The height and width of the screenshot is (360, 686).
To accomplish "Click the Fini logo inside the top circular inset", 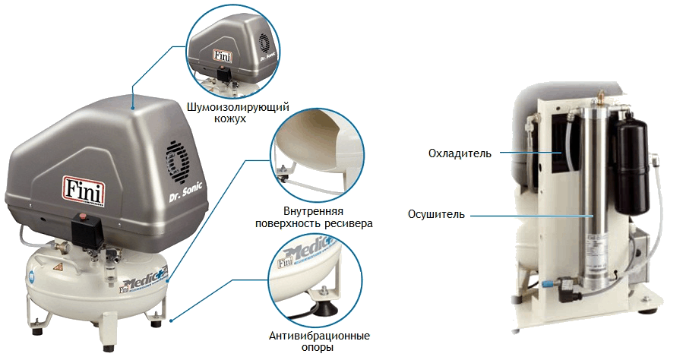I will pos(222,55).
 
